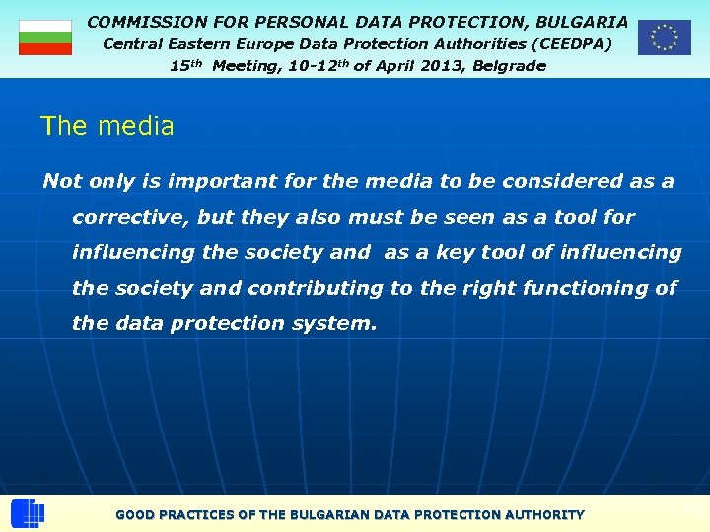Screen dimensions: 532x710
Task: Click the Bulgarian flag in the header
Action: pyautogui.click(x=45, y=37)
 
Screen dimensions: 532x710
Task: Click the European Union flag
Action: pyautogui.click(x=664, y=37)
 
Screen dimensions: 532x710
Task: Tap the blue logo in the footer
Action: pyautogui.click(x=28, y=513)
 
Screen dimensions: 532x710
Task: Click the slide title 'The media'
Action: pyautogui.click(x=107, y=126)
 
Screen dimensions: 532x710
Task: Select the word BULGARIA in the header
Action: pyautogui.click(x=581, y=21)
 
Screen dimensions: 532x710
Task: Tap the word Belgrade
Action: pyautogui.click(x=508, y=66)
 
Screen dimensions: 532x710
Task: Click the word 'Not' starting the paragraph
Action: pyautogui.click(x=61, y=181)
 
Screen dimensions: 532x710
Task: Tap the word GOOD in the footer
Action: pyautogui.click(x=135, y=514)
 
